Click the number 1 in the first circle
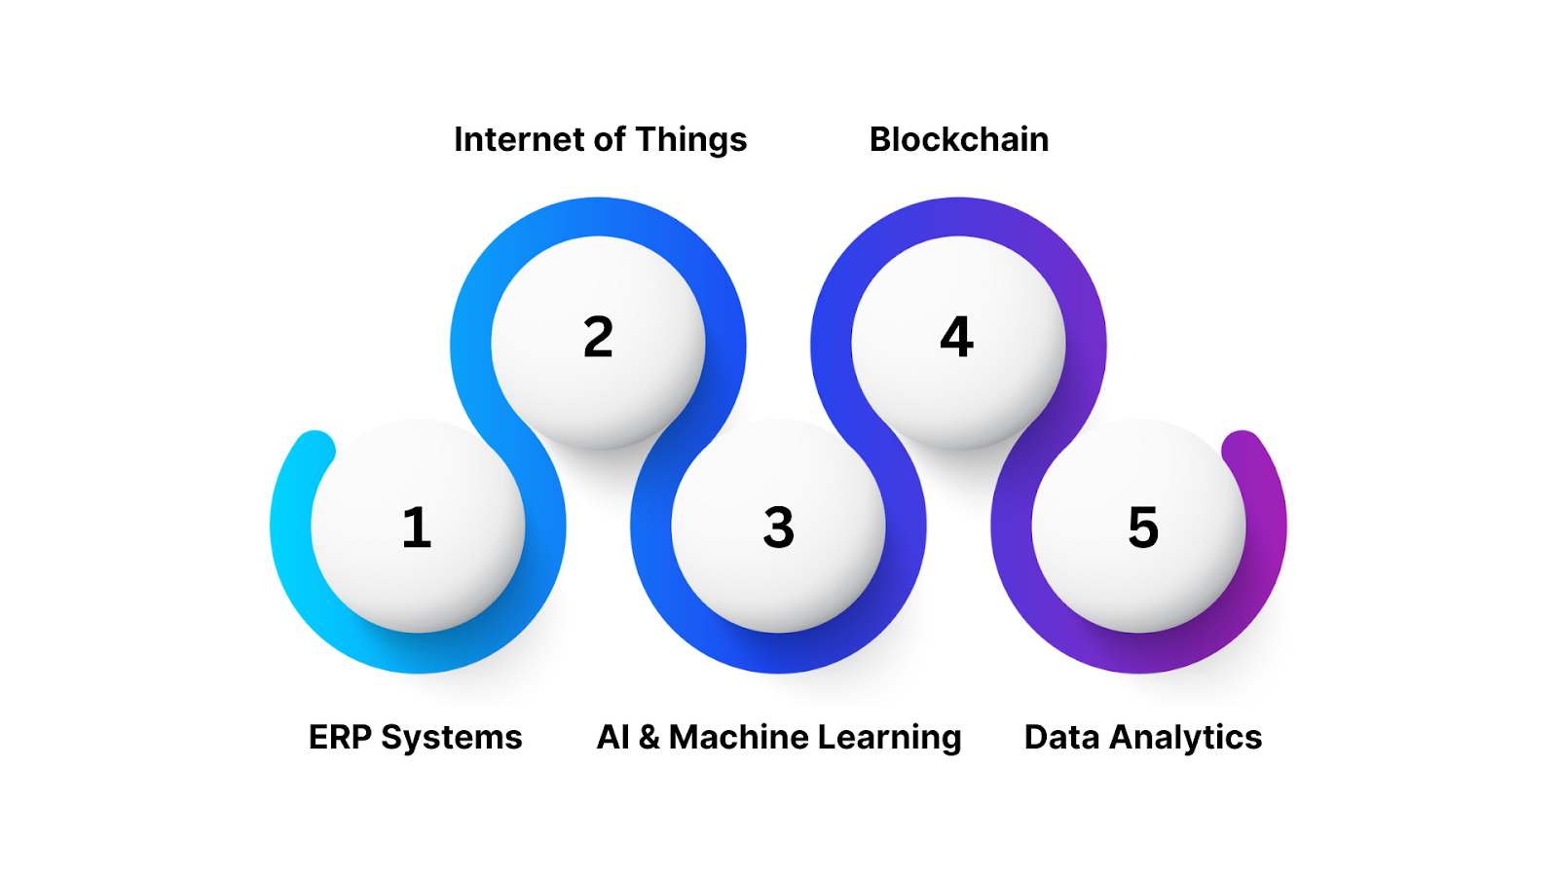pyautogui.click(x=417, y=528)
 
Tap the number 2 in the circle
pyautogui.click(x=598, y=338)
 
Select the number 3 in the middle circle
pyautogui.click(x=778, y=528)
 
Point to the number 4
pyautogui.click(x=956, y=338)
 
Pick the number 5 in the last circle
pyautogui.click(x=1143, y=528)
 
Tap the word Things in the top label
pyautogui.click(x=691, y=140)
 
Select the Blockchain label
pyautogui.click(x=958, y=140)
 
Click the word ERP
pyautogui.click(x=340, y=738)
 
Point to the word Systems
pyautogui.click(x=452, y=738)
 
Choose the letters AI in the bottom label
pyautogui.click(x=612, y=738)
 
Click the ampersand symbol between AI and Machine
pyautogui.click(x=649, y=738)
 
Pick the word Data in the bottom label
pyautogui.click(x=1061, y=738)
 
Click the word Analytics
pyautogui.click(x=1186, y=738)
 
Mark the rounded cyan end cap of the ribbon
pyautogui.click(x=315, y=450)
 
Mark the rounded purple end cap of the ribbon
pyautogui.click(x=1242, y=450)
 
